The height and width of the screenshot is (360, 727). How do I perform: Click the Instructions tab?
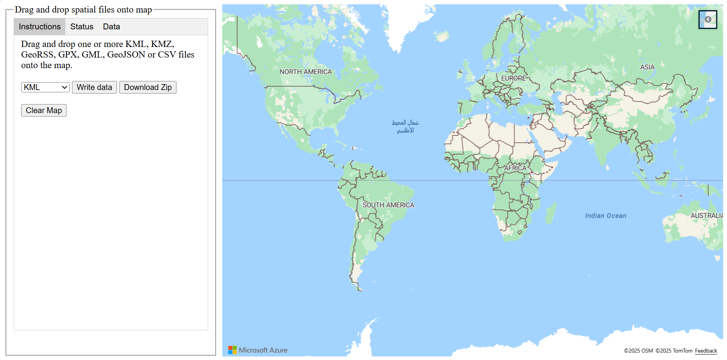(x=40, y=27)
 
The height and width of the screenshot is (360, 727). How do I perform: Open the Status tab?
(x=82, y=27)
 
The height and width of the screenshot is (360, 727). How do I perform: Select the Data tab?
(x=112, y=27)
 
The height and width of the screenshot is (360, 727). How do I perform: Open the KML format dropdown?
(x=45, y=87)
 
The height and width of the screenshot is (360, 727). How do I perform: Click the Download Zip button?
(x=148, y=87)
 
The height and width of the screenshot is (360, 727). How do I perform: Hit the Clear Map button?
(x=44, y=110)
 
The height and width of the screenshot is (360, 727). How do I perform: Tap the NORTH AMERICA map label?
(x=306, y=72)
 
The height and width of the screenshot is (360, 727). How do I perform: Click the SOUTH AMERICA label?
(x=388, y=205)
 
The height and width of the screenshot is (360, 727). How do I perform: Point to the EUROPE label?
(x=513, y=78)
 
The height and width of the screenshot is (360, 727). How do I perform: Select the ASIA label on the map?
(x=647, y=67)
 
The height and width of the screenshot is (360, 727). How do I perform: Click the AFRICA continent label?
(x=515, y=168)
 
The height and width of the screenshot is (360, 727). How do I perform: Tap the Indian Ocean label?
(x=605, y=216)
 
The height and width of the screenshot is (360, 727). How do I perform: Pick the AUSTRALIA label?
(x=706, y=216)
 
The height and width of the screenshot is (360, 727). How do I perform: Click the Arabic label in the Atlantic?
(x=405, y=126)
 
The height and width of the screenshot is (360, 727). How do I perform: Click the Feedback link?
(x=706, y=351)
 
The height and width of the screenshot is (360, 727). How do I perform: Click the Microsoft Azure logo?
(x=258, y=350)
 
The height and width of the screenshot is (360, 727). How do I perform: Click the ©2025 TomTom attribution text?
(x=674, y=351)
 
